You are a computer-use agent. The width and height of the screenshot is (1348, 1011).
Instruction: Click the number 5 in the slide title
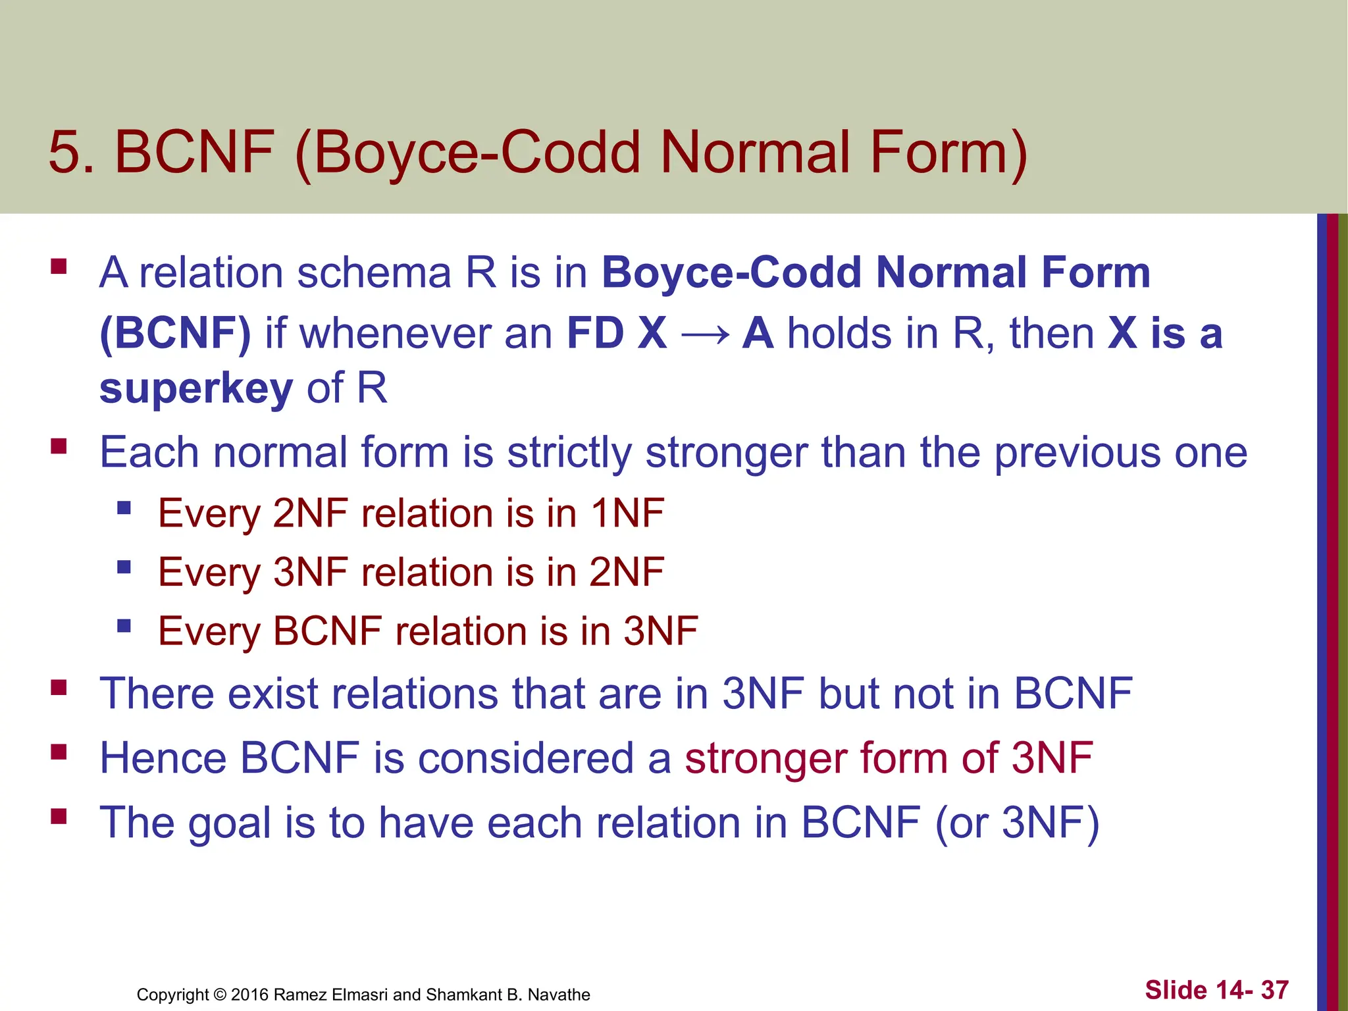tap(65, 153)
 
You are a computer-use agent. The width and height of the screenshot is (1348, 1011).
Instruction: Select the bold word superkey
tap(195, 388)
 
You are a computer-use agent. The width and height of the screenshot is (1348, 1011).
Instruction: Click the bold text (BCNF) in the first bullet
tap(175, 333)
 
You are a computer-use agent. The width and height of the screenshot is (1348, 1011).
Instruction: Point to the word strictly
tap(569, 453)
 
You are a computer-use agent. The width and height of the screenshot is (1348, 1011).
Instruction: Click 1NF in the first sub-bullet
tap(627, 513)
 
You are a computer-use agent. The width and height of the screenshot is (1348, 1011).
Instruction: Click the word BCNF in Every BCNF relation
tap(327, 631)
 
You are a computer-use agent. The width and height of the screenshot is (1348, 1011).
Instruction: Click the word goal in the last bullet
tap(230, 823)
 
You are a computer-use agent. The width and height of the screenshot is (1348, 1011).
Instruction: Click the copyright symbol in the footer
tap(220, 995)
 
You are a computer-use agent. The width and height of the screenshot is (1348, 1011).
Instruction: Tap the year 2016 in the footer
tap(249, 995)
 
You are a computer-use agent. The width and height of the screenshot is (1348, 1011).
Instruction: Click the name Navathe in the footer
tap(559, 995)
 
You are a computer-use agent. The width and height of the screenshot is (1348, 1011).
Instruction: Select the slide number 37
tap(1274, 990)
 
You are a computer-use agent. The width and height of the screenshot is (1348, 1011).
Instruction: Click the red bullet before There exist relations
tap(59, 688)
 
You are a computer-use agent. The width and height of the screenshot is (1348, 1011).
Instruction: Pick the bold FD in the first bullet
tap(595, 333)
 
